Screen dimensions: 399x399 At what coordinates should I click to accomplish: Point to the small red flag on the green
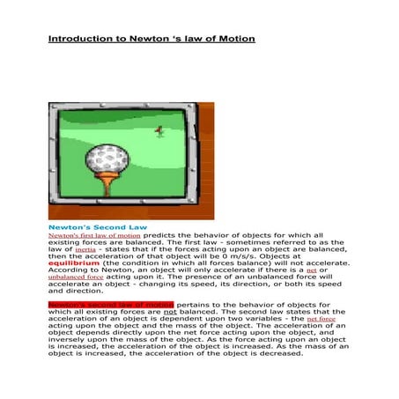pyautogui.click(x=159, y=130)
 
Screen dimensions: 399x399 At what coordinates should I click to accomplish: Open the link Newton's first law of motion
pyautogui.click(x=94, y=236)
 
